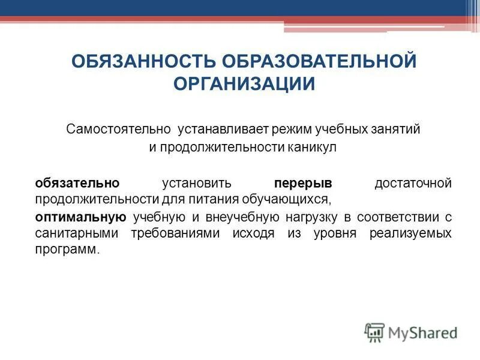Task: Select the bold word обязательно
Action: [77, 182]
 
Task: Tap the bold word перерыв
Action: [303, 182]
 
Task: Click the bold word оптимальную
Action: [80, 217]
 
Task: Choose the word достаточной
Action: [413, 182]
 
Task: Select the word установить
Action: [197, 182]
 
